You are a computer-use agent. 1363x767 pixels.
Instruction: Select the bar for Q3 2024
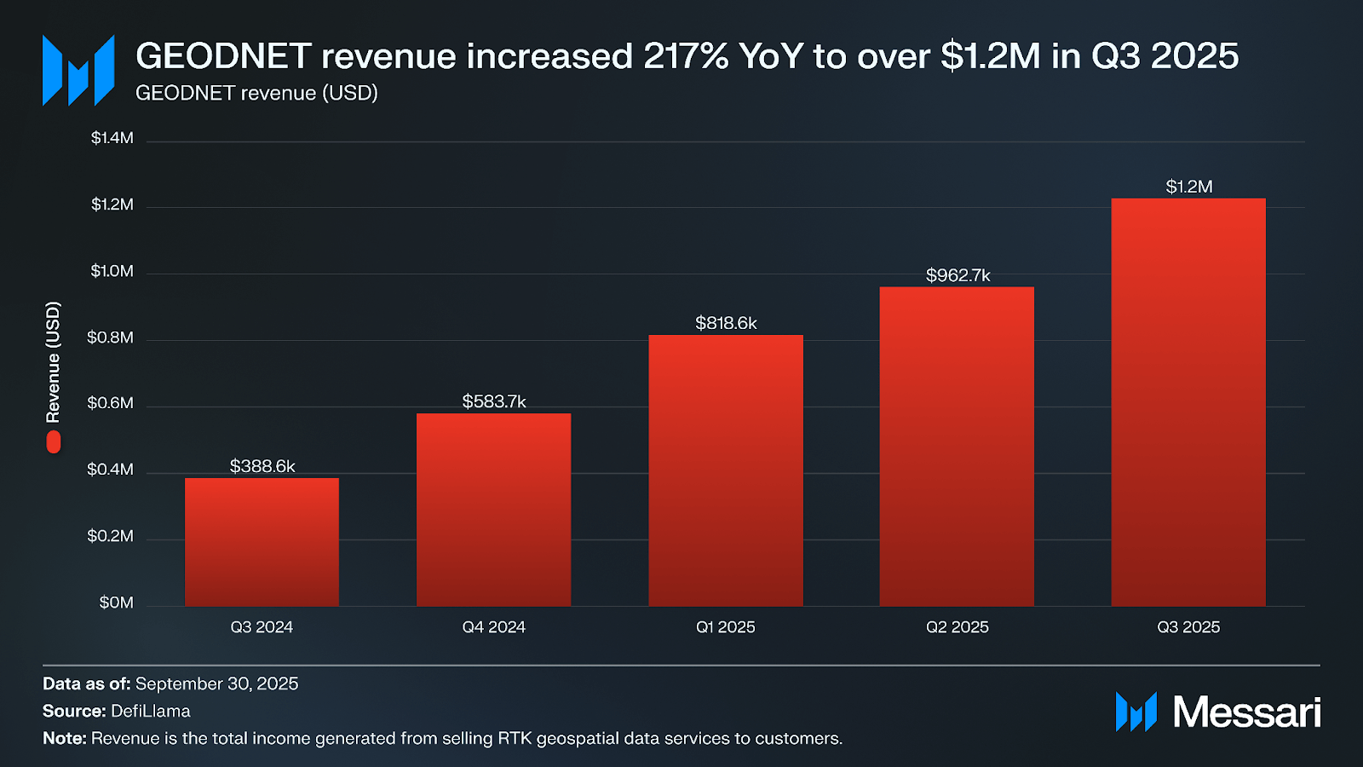262,542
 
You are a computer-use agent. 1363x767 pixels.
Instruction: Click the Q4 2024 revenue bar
493,510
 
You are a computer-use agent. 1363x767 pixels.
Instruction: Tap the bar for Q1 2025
726,470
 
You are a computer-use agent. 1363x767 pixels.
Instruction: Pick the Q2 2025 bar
957,447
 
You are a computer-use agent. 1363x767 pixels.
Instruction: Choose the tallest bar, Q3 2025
1188,402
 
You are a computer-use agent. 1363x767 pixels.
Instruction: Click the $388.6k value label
262,466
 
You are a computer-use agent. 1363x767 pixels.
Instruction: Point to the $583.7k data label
494,401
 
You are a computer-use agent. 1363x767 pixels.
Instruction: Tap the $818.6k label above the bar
726,323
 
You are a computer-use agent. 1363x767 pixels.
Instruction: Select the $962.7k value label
958,275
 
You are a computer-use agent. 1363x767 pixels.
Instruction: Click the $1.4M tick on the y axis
112,138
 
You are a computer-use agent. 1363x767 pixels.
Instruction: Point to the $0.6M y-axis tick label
111,403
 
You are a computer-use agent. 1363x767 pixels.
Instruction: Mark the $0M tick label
117,603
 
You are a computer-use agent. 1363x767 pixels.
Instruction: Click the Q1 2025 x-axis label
726,627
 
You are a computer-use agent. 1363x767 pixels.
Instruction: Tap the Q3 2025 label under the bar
1188,627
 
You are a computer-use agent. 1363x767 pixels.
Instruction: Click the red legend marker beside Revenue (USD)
54,441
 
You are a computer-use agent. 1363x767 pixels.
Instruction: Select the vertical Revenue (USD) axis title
54,362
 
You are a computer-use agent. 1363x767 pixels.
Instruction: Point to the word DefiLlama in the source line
151,711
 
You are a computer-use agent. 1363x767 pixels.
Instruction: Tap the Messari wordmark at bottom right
1246,712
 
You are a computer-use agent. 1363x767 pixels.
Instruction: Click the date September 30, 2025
216,683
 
